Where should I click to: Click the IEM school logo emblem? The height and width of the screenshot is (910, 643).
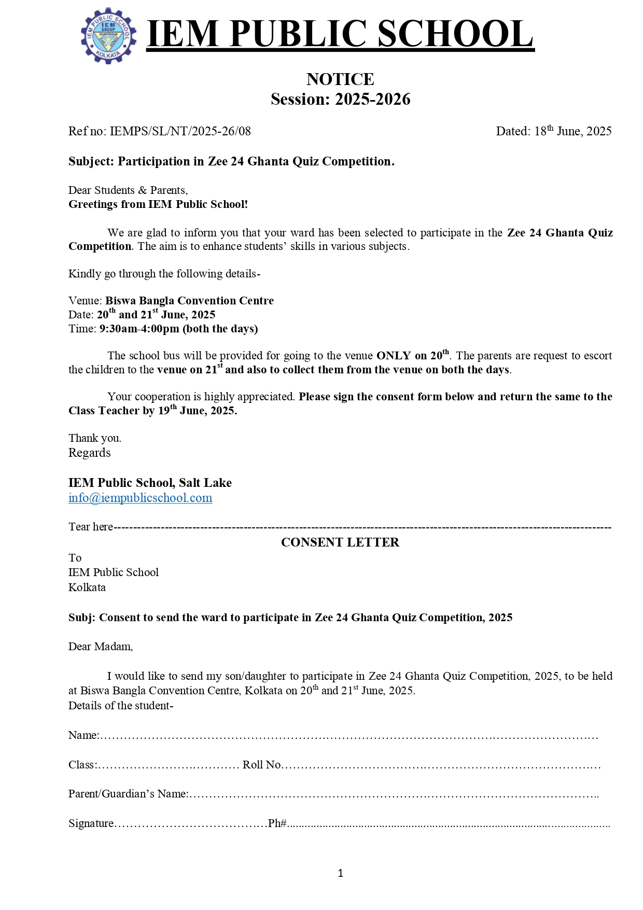(108, 36)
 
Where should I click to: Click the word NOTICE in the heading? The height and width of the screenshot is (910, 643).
(340, 79)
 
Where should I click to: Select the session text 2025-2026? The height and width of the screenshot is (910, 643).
(372, 99)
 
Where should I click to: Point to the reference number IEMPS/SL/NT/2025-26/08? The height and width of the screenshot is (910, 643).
(180, 131)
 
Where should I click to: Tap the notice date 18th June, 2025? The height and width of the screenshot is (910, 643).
(573, 131)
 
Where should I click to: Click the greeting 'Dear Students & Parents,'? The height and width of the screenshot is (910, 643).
(128, 190)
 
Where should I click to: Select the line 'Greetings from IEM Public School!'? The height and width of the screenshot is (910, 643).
(158, 204)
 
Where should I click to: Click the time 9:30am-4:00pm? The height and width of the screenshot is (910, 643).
(139, 329)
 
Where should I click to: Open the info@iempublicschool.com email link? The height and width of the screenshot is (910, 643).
(140, 498)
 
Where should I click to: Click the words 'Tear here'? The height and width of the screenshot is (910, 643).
(91, 527)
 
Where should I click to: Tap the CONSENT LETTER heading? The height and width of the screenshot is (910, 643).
(340, 542)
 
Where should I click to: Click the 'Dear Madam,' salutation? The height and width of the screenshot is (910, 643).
(101, 647)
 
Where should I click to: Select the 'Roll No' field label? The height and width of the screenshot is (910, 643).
(262, 765)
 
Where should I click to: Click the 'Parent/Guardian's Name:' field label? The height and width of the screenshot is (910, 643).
(128, 794)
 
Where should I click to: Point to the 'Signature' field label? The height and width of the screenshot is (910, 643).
(91, 823)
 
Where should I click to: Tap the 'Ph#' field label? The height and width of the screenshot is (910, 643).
(277, 823)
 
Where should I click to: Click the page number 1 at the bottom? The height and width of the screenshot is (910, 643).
(340, 873)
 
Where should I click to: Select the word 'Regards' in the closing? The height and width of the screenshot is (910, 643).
(90, 453)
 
